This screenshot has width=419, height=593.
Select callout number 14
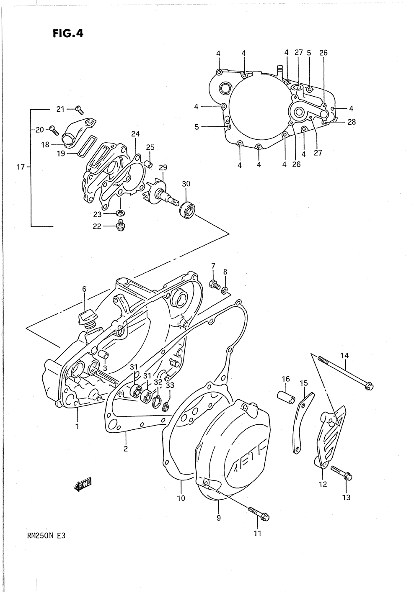tap(344, 356)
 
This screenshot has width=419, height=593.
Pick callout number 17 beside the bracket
tap(20, 167)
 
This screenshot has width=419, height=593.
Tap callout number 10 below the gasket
tap(181, 498)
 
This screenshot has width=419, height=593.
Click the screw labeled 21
tap(79, 110)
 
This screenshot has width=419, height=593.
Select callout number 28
tap(351, 122)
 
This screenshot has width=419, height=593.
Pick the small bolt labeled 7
tap(214, 284)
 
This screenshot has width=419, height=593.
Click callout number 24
tap(135, 134)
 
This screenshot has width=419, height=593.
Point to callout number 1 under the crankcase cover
tap(78, 427)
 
